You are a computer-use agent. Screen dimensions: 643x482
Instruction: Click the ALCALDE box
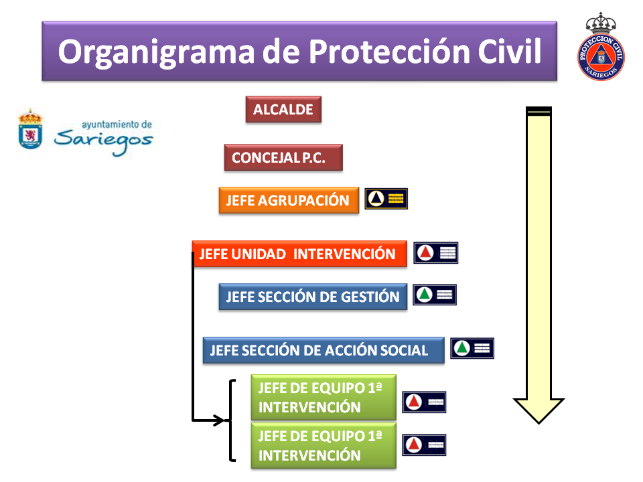click(283, 109)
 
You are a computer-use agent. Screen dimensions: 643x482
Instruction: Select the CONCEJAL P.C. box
click(283, 157)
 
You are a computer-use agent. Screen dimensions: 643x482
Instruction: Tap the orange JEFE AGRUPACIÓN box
click(289, 200)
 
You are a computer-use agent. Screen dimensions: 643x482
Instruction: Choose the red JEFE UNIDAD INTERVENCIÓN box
click(299, 254)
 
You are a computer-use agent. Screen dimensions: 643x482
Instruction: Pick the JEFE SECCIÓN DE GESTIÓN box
click(313, 297)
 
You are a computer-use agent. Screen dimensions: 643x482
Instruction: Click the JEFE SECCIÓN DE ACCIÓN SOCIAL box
click(324, 350)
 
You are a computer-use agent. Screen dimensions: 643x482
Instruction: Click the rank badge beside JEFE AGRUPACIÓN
click(386, 199)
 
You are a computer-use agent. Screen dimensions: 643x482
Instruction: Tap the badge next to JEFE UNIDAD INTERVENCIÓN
click(435, 253)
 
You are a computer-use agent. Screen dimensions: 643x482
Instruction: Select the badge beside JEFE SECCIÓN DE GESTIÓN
click(435, 295)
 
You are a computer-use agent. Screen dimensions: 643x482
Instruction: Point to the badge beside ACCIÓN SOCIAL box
click(472, 348)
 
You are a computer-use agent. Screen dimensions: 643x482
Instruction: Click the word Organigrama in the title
click(156, 52)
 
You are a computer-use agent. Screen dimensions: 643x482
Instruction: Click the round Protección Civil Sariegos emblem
click(601, 57)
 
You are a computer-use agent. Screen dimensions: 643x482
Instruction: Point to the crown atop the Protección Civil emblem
click(601, 23)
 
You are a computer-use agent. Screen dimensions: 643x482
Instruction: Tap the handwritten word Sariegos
click(103, 141)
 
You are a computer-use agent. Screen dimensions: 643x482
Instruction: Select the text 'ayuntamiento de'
click(117, 125)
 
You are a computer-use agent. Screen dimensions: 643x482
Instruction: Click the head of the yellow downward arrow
click(539, 410)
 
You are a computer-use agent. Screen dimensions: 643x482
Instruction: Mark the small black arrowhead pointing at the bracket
click(220, 420)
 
